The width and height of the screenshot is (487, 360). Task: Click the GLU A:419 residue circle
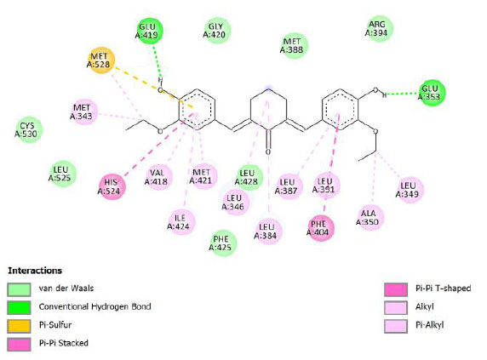pyautogui.click(x=149, y=31)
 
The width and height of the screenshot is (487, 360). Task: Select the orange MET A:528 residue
pyautogui.click(x=101, y=60)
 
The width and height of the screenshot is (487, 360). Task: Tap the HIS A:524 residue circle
pyautogui.click(x=112, y=187)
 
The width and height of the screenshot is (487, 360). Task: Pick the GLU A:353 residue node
pyautogui.click(x=432, y=93)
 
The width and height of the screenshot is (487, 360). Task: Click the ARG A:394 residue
pyautogui.click(x=379, y=29)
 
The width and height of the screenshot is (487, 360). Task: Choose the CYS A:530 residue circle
pyautogui.click(x=29, y=130)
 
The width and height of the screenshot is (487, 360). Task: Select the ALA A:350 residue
pyautogui.click(x=370, y=218)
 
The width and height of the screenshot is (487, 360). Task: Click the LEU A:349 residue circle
pyautogui.click(x=410, y=190)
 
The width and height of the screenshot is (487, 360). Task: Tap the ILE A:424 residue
pyautogui.click(x=181, y=222)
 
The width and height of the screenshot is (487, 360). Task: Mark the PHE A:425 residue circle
pyautogui.click(x=222, y=243)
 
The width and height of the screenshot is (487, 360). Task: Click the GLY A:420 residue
pyautogui.click(x=217, y=30)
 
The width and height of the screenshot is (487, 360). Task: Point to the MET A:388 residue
pyautogui.click(x=294, y=46)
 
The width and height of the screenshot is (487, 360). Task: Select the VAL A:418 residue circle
pyautogui.click(x=158, y=177)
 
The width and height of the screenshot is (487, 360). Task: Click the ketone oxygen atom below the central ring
pyautogui.click(x=268, y=152)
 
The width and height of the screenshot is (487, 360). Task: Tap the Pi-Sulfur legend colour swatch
pyautogui.click(x=19, y=326)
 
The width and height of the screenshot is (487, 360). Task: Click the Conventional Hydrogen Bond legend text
pyautogui.click(x=95, y=306)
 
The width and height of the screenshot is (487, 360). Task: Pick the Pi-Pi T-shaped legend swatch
pyautogui.click(x=396, y=289)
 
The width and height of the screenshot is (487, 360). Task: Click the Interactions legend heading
pyautogui.click(x=35, y=271)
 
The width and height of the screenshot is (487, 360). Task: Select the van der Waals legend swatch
pyautogui.click(x=19, y=289)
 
